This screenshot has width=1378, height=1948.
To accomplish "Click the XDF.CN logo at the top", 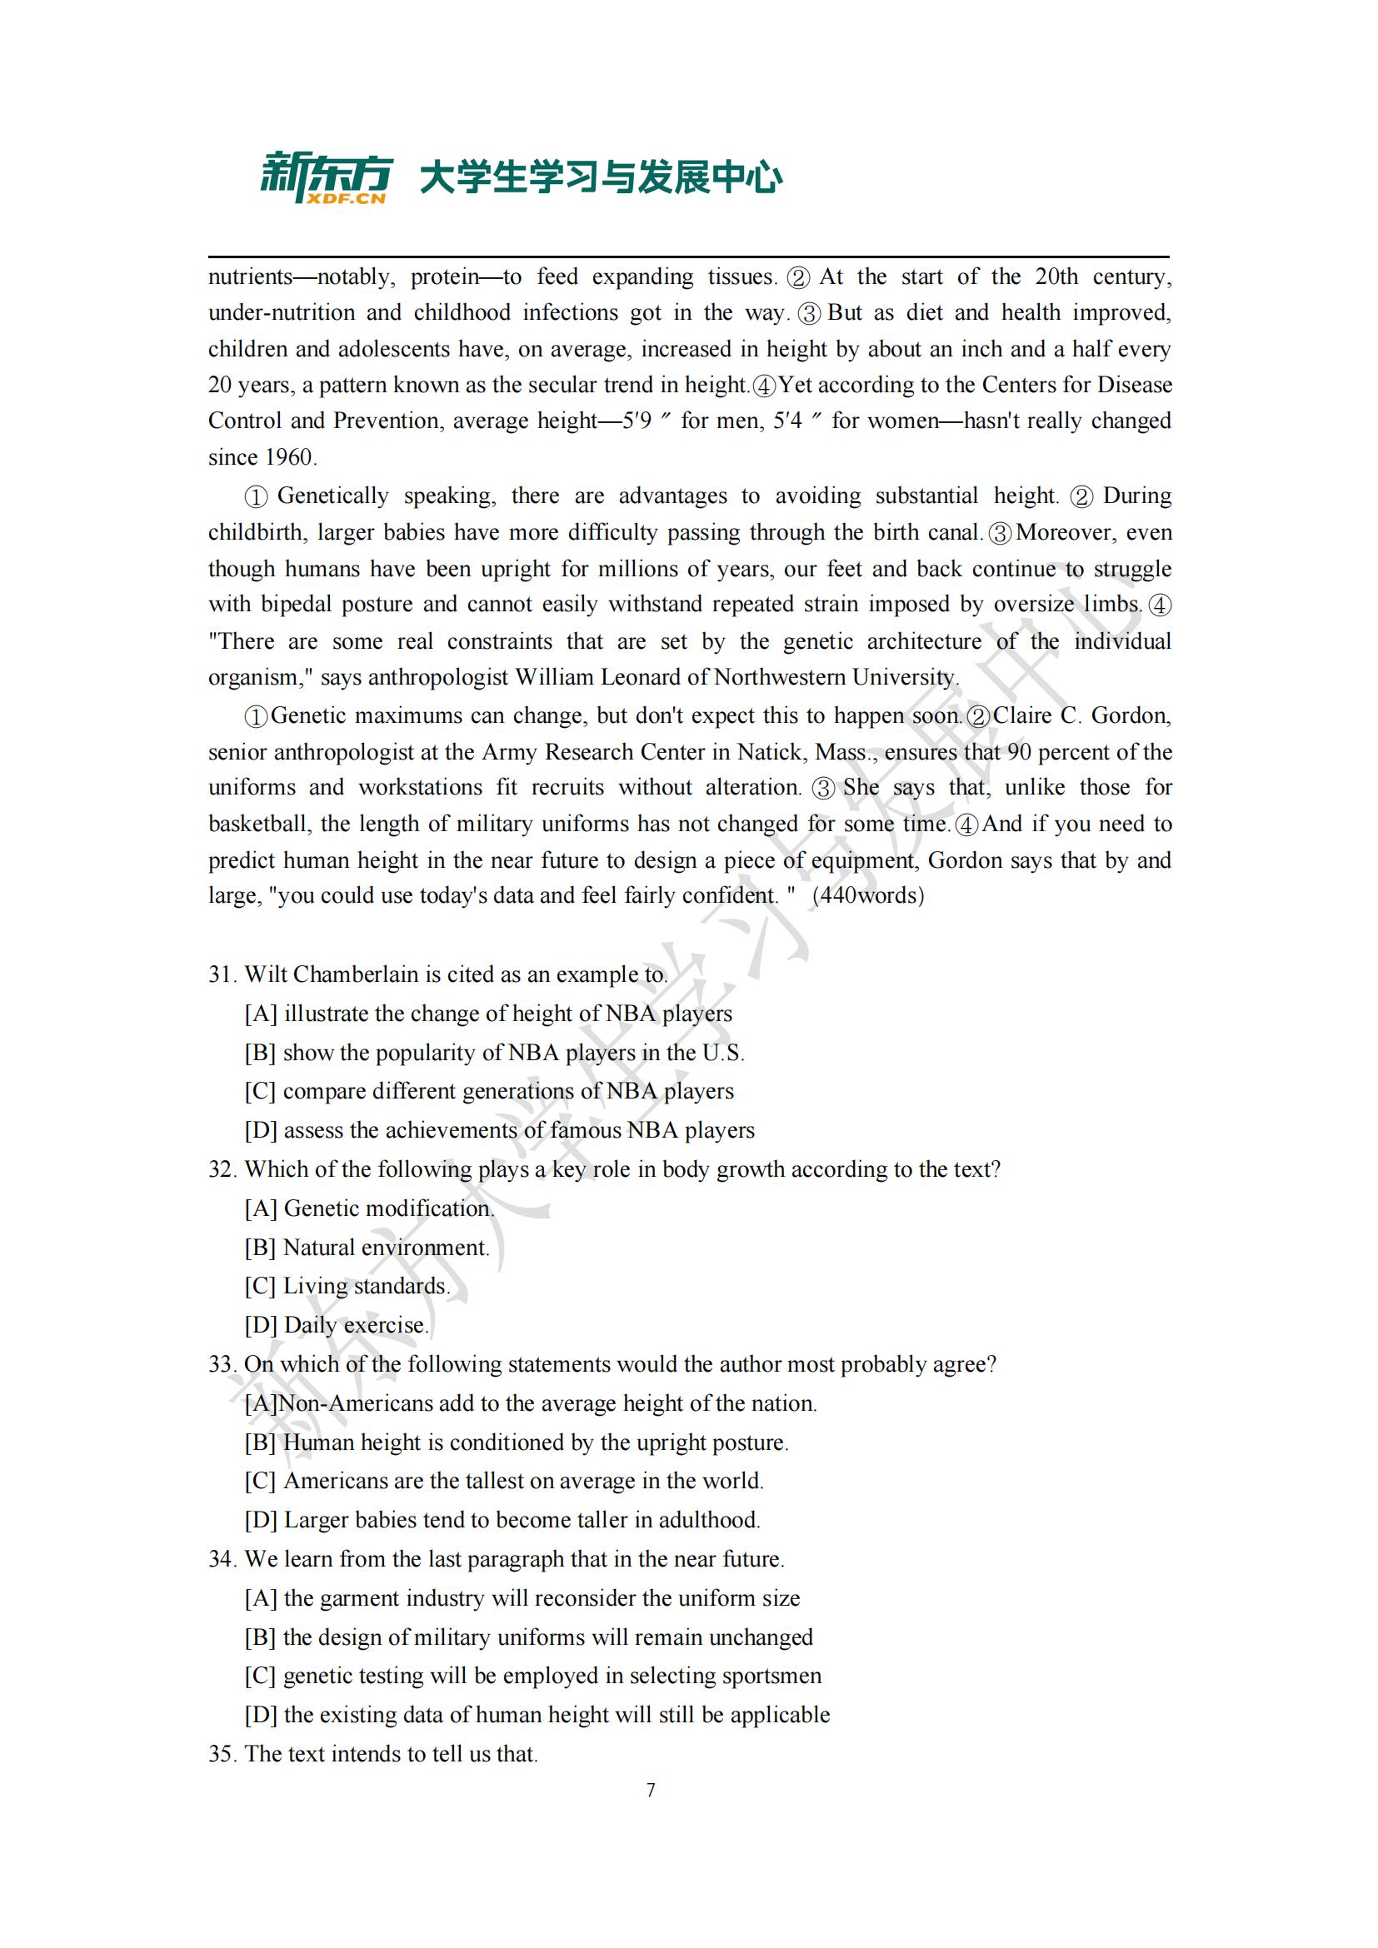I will click(x=326, y=178).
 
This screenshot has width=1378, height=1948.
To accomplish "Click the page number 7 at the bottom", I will click(x=651, y=1791).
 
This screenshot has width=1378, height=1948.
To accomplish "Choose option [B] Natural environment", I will click(x=367, y=1248).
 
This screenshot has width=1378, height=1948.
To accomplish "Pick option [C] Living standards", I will click(x=347, y=1286).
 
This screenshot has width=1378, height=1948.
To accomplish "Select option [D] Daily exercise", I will click(x=337, y=1325).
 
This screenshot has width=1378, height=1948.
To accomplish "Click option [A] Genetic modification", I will click(x=369, y=1209).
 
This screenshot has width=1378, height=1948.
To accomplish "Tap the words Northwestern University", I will click(x=836, y=678).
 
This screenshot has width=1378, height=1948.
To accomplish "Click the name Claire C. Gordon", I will click(x=1082, y=716).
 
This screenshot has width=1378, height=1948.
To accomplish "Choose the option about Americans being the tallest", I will click(x=505, y=1482).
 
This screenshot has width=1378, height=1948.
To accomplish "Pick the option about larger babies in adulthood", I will click(x=503, y=1521).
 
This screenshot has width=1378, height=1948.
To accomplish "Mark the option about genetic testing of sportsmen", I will click(x=533, y=1676).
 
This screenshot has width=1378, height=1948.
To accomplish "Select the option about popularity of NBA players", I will click(x=495, y=1053).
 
